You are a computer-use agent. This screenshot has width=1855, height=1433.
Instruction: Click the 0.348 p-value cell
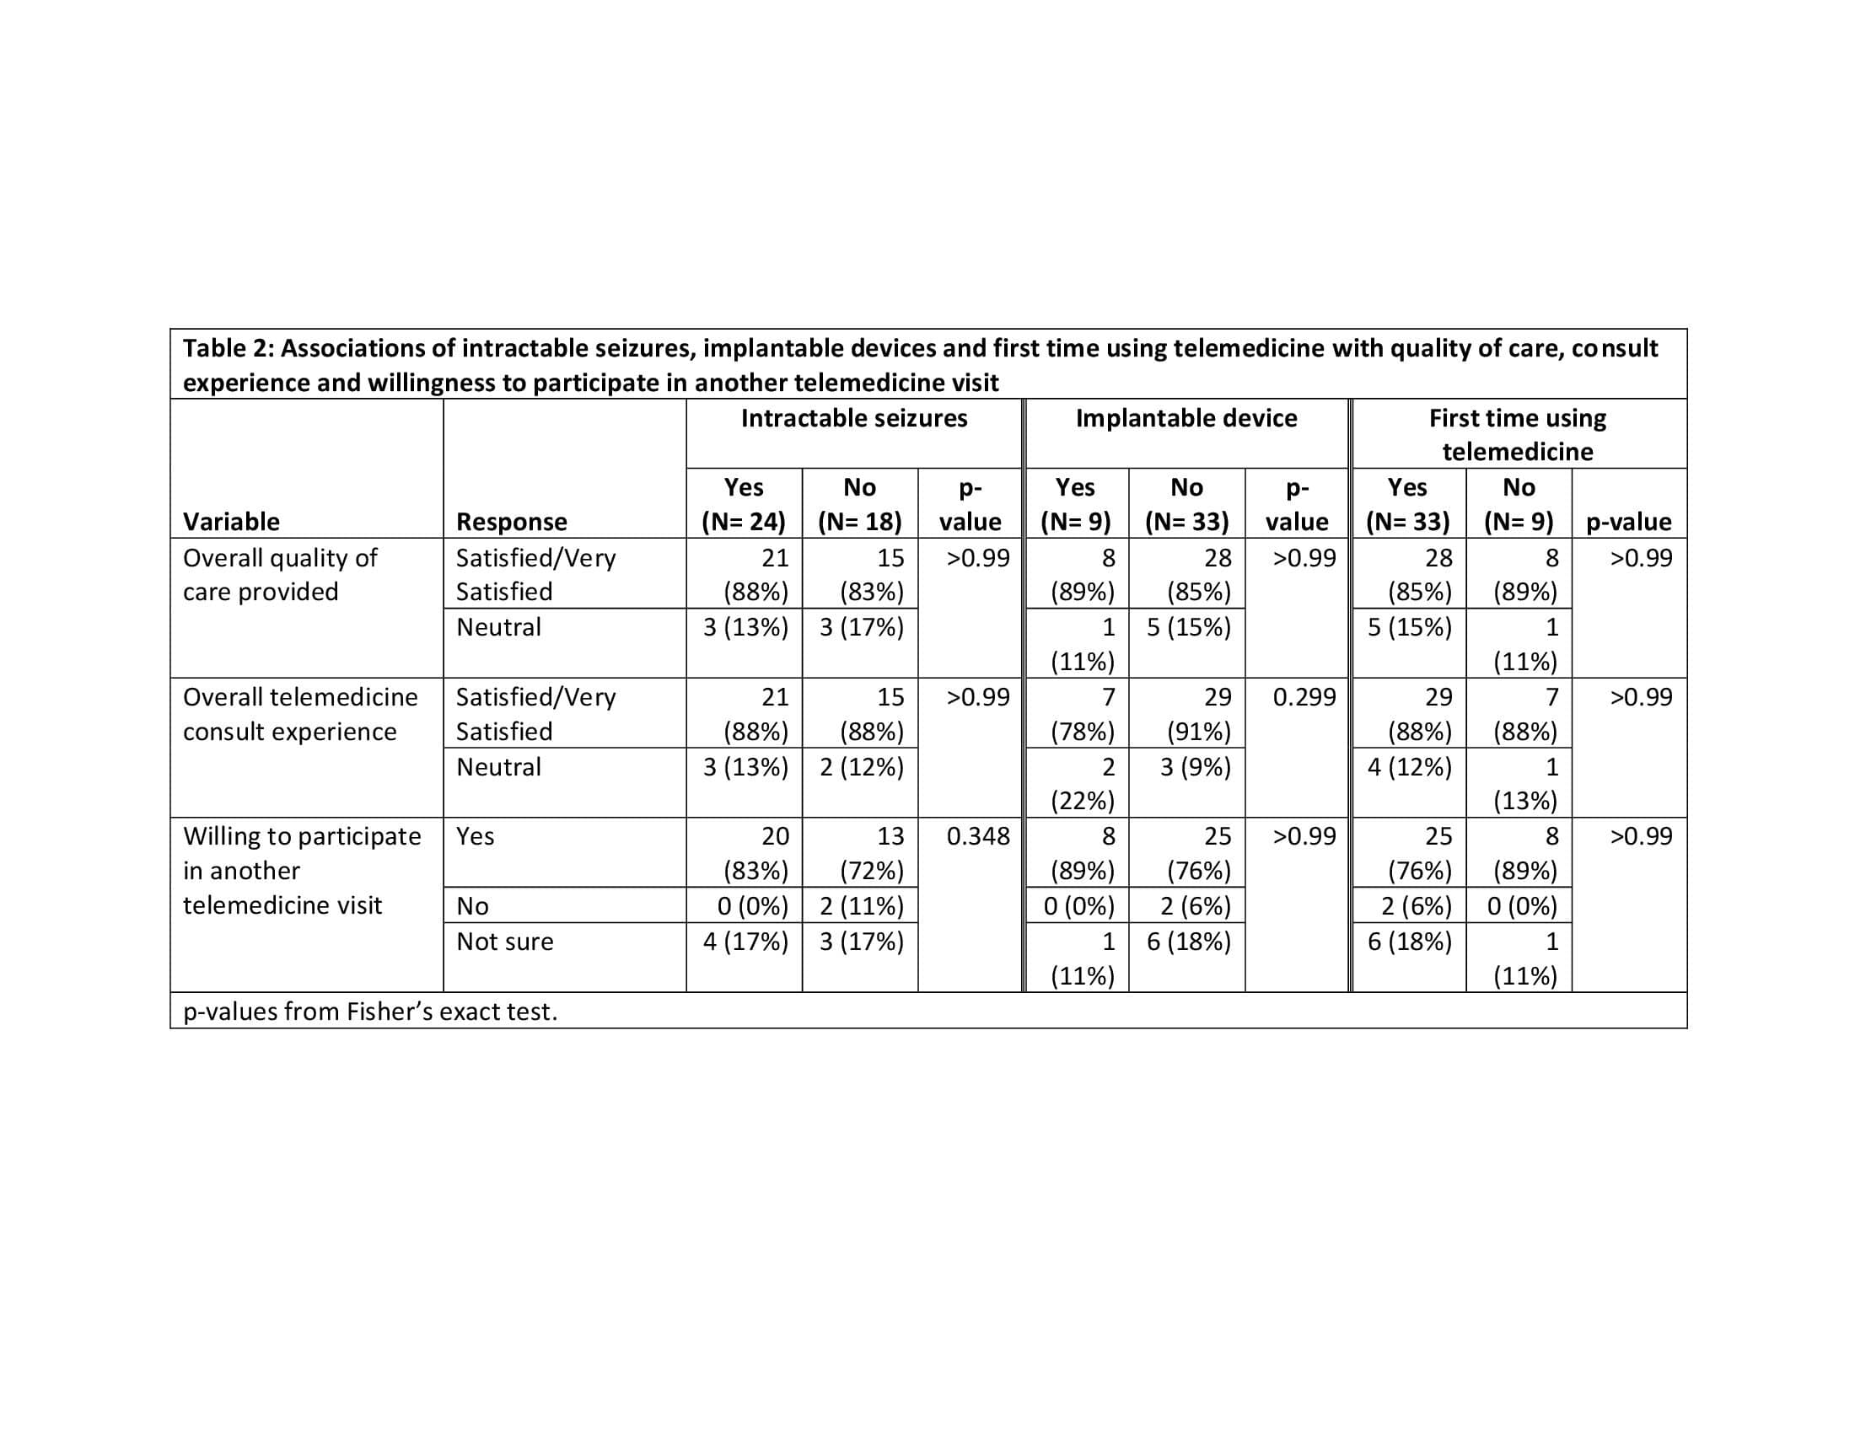pyautogui.click(x=977, y=836)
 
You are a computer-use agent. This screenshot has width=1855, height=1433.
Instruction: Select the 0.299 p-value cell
pyautogui.click(x=1304, y=697)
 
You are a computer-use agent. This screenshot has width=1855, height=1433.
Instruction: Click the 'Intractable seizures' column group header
pyautogui.click(x=853, y=419)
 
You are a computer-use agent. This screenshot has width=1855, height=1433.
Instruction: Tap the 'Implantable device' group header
pyautogui.click(x=1186, y=419)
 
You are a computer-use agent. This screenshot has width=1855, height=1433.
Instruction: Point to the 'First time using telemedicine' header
pyautogui.click(x=1517, y=435)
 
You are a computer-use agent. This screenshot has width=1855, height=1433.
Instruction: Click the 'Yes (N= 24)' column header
pyautogui.click(x=743, y=504)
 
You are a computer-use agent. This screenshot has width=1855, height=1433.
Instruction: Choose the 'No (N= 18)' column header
pyautogui.click(x=859, y=504)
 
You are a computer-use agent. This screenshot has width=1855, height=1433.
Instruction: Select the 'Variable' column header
pyautogui.click(x=231, y=521)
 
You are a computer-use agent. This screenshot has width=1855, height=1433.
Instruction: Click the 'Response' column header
pyautogui.click(x=511, y=521)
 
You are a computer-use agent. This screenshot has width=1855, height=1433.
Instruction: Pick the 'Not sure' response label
pyautogui.click(x=504, y=942)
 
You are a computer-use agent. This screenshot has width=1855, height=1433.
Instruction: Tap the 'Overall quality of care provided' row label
pyautogui.click(x=280, y=575)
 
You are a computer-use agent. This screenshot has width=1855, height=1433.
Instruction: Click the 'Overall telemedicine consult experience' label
pyautogui.click(x=300, y=714)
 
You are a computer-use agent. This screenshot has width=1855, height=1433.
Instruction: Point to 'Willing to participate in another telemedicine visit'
pyautogui.click(x=302, y=870)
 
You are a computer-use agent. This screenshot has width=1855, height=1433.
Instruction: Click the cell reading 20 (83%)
pyautogui.click(x=756, y=853)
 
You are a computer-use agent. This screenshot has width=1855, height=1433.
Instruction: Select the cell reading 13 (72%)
pyautogui.click(x=872, y=853)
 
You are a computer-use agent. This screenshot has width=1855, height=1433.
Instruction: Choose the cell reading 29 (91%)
pyautogui.click(x=1198, y=714)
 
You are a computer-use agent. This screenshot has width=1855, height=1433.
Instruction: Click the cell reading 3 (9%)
pyautogui.click(x=1195, y=767)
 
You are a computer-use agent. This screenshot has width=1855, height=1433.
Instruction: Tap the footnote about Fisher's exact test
pyautogui.click(x=370, y=1012)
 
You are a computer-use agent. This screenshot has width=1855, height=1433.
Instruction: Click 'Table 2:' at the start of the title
pyautogui.click(x=228, y=349)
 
